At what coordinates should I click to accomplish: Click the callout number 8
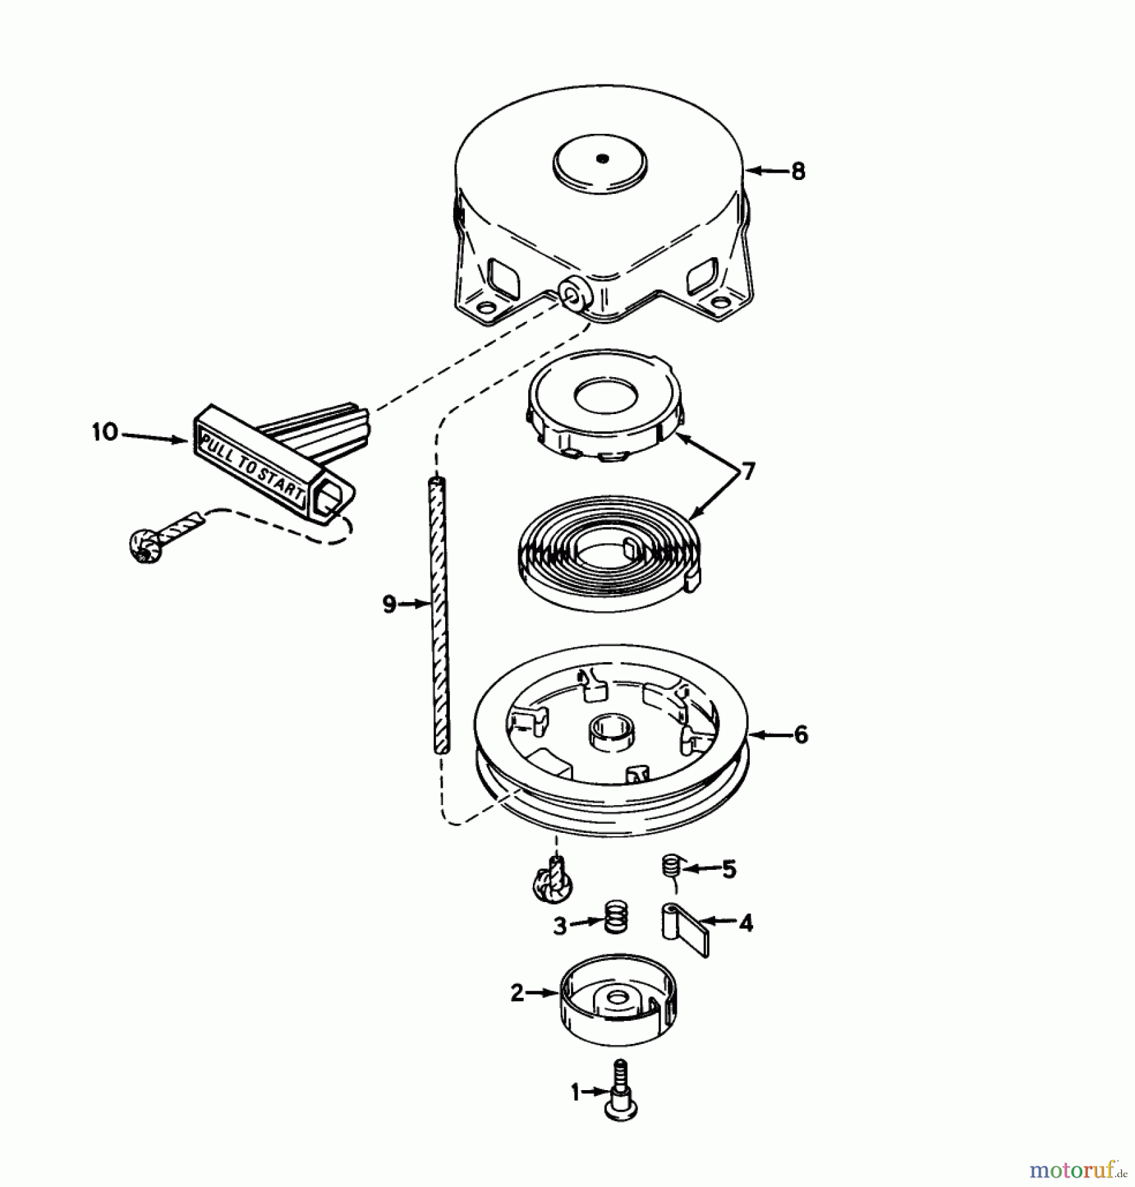(x=798, y=171)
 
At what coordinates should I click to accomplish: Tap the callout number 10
(x=106, y=433)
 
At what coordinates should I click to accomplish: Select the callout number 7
(x=748, y=472)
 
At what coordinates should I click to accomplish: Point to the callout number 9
(x=389, y=603)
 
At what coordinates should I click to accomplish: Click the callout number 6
(x=801, y=735)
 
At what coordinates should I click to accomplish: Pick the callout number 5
(x=729, y=869)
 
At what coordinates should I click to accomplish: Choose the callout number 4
(x=745, y=924)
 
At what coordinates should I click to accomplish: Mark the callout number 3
(x=560, y=926)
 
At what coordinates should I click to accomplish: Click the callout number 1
(x=575, y=1093)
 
